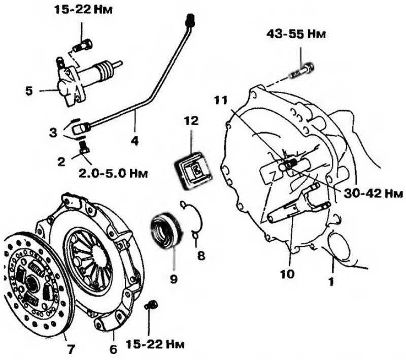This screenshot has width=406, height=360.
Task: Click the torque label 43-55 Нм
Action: [x=296, y=34]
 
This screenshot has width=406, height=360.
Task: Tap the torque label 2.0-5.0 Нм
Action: [x=113, y=173]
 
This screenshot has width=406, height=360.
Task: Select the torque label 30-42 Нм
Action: [x=373, y=193]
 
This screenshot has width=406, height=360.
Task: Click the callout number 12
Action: [x=192, y=121]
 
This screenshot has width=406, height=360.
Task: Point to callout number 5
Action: [x=29, y=91]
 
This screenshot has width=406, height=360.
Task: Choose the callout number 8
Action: [x=201, y=255]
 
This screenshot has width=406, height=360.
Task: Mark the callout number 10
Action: [x=287, y=274]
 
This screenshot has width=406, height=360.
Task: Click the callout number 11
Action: [x=221, y=100]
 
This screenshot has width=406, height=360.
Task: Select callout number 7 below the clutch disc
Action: [x=71, y=349]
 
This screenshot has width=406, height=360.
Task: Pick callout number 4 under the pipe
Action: [x=134, y=141]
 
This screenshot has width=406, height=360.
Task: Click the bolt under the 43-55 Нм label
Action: [x=302, y=71]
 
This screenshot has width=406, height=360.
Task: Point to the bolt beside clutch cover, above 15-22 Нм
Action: [x=150, y=305]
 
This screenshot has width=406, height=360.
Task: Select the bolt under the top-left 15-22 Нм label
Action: [x=83, y=44]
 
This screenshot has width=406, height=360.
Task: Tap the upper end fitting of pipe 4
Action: [x=190, y=20]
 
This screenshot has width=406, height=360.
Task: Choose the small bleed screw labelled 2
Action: [x=84, y=147]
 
